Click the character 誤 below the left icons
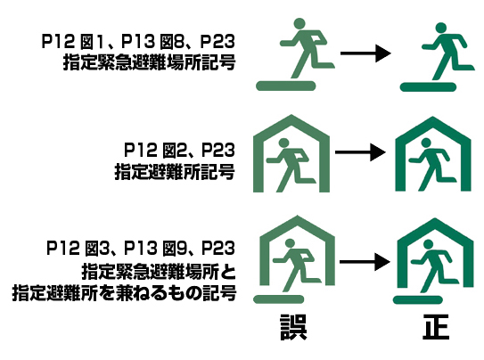(293, 327)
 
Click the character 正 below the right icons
(436, 327)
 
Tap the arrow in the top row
(365, 53)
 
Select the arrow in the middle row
(360, 152)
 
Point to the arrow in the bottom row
(365, 262)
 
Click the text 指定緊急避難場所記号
(150, 62)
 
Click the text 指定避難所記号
(175, 171)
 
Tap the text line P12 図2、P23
(179, 150)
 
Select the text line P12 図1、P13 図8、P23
(138, 41)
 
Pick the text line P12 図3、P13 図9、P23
(141, 249)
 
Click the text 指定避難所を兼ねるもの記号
(125, 293)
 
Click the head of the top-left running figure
(299, 24)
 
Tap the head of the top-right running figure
(441, 29)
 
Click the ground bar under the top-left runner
(286, 86)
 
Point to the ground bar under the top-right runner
(428, 87)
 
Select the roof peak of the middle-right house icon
(433, 119)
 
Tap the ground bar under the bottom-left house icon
(279, 299)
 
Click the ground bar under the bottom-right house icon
(418, 299)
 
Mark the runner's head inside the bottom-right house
(428, 245)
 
